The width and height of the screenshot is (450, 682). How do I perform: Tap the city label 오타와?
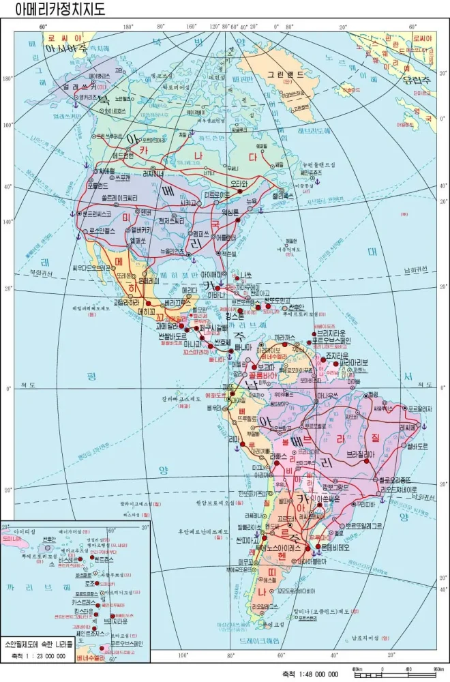pyautogui.click(x=237, y=183)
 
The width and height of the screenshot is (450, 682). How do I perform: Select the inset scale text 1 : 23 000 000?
pyautogui.click(x=38, y=656)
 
